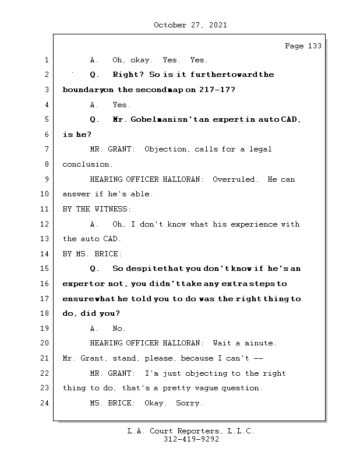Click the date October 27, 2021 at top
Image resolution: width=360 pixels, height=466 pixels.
click(x=190, y=25)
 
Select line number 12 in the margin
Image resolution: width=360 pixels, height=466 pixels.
click(x=46, y=224)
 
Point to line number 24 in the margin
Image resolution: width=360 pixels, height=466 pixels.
click(x=46, y=403)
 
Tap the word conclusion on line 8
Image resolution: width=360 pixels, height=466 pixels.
click(x=87, y=164)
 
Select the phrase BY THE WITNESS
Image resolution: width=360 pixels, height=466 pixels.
click(x=97, y=209)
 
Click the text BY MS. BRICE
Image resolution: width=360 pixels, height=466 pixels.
click(x=92, y=254)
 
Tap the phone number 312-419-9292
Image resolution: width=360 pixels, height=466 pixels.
click(x=191, y=440)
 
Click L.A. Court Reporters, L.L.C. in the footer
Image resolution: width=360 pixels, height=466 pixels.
click(x=191, y=431)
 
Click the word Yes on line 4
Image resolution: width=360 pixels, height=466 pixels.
click(x=121, y=105)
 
